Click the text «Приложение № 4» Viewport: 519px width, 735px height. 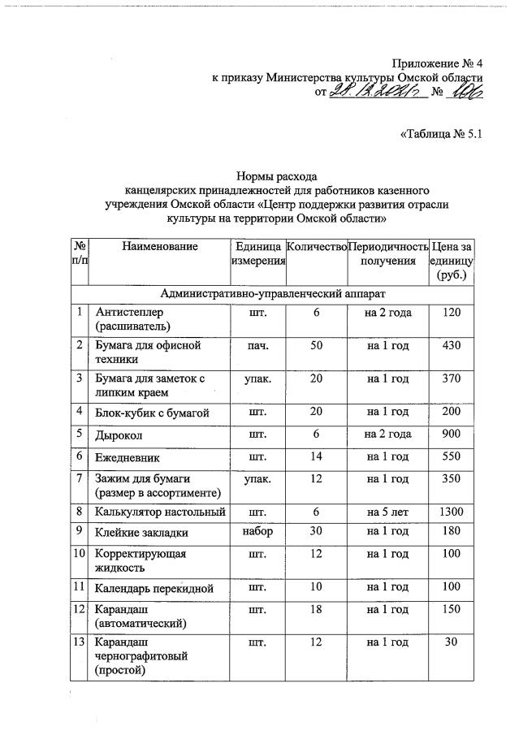(438, 63)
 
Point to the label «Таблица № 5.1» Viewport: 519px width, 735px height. (442, 136)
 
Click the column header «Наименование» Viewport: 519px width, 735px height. (160, 245)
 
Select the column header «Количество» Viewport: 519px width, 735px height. (316, 245)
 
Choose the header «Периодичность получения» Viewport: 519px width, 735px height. (387, 253)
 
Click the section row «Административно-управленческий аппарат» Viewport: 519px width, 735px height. (272, 292)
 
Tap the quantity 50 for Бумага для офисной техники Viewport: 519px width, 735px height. (316, 345)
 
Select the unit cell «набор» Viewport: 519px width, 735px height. (257, 532)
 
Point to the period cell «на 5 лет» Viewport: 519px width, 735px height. (387, 512)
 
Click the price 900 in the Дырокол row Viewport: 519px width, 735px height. (451, 434)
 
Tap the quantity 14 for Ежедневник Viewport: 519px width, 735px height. (316, 456)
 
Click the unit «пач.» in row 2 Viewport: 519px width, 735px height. (257, 345)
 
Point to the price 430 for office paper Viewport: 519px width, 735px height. (451, 345)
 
